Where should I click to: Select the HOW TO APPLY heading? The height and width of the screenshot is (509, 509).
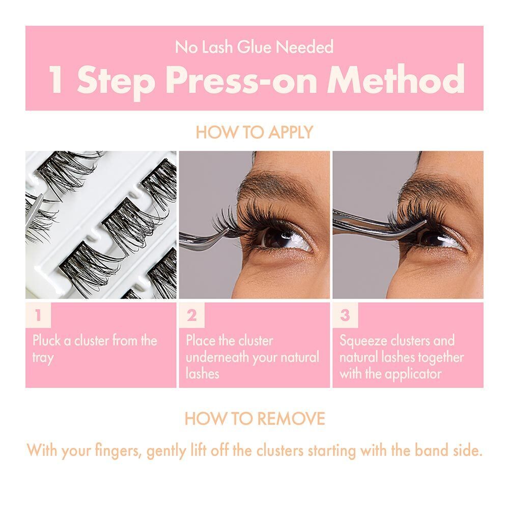click(254, 132)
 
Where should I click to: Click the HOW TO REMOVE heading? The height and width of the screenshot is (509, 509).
click(254, 419)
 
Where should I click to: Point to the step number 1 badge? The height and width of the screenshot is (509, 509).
click(38, 316)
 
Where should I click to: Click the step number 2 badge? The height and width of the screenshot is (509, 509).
click(192, 316)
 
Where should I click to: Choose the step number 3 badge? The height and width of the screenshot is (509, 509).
click(345, 316)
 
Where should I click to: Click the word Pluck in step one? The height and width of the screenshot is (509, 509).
click(45, 341)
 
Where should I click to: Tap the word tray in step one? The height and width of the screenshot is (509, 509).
click(43, 357)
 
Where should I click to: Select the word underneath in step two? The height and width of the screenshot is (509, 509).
click(220, 357)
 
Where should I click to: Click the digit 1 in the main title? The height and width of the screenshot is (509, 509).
click(56, 80)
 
